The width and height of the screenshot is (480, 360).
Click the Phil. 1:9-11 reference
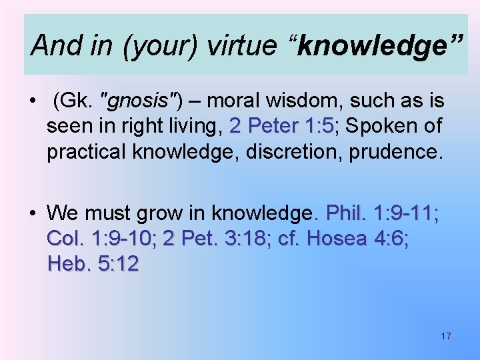tap(382, 213)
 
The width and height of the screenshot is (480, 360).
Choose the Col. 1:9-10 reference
tap(101, 239)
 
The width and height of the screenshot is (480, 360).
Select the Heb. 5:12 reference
tap(93, 264)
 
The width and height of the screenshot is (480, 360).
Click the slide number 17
tap(445, 336)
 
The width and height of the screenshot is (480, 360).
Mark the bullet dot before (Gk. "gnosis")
tap(31, 102)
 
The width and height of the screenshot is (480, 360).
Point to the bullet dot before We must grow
tap(31, 214)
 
